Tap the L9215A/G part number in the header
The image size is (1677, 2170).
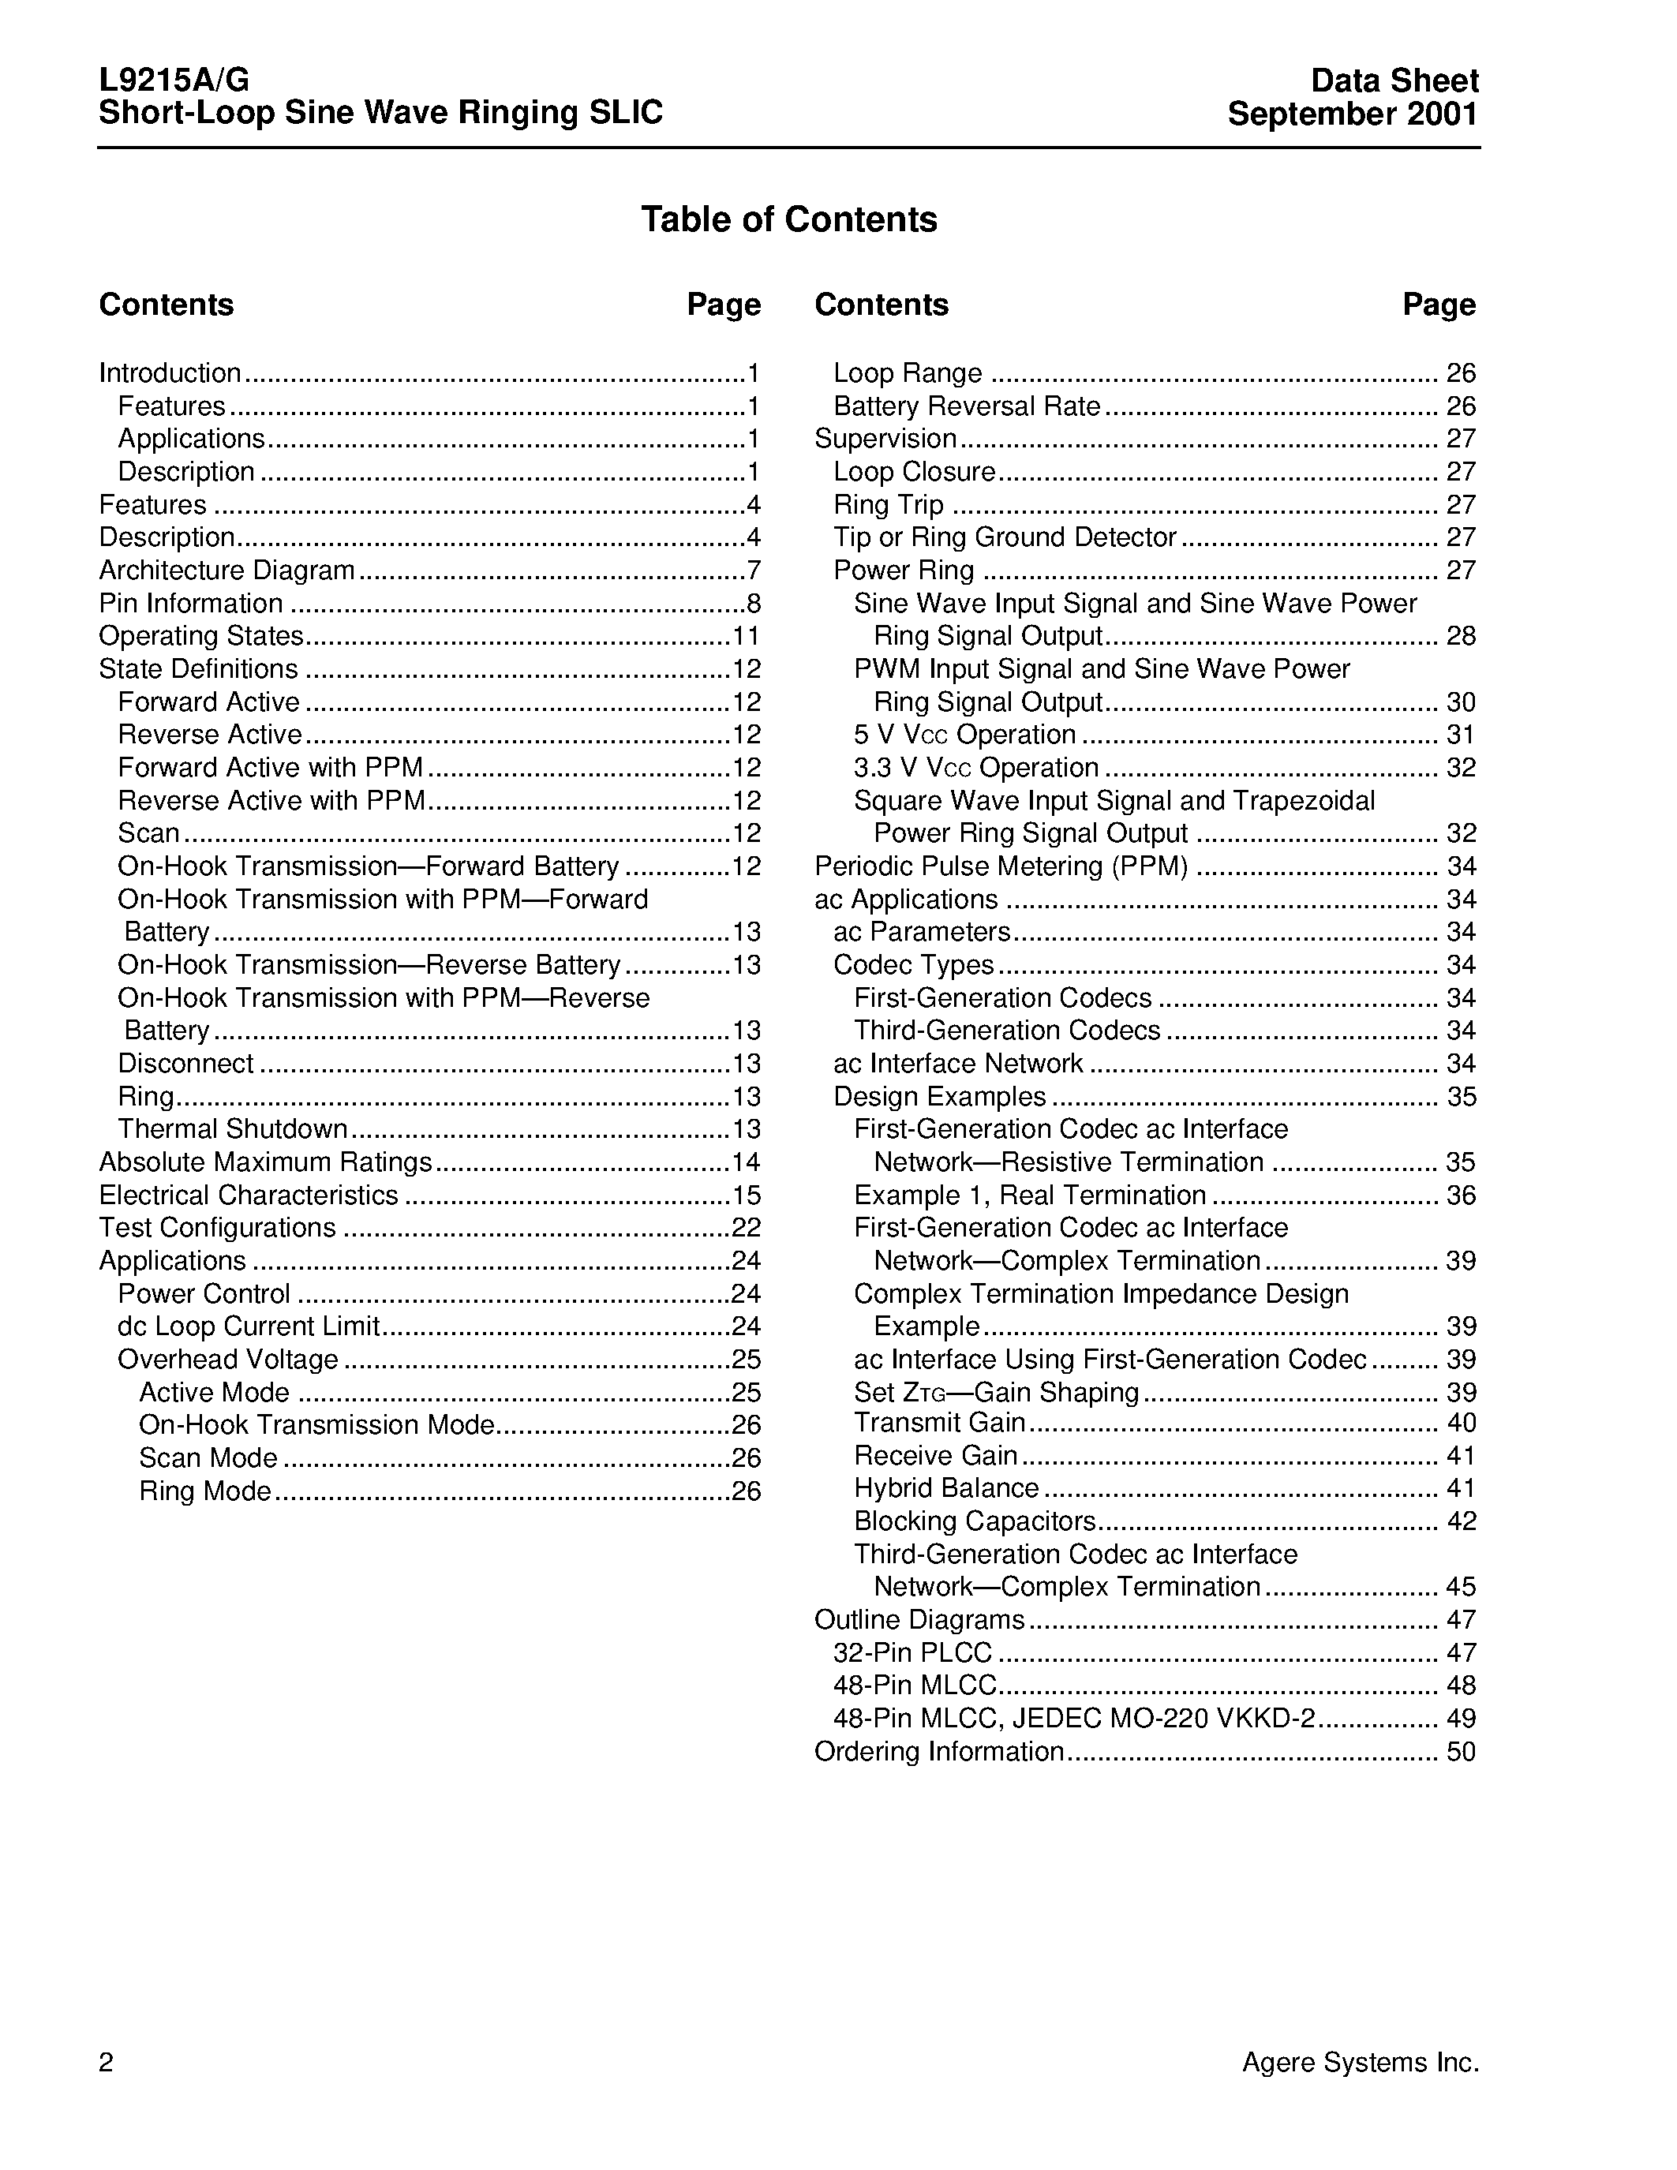(x=174, y=80)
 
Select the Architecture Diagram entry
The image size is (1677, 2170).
(x=227, y=571)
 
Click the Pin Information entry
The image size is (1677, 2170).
(x=191, y=603)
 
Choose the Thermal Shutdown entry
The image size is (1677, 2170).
(x=233, y=1128)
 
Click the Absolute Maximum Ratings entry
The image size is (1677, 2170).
(x=265, y=1162)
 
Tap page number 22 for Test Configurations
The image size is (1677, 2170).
(x=746, y=1227)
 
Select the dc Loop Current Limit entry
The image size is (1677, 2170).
(x=249, y=1326)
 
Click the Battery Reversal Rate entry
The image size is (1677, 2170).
(x=967, y=406)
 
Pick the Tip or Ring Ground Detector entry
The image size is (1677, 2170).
(x=1005, y=537)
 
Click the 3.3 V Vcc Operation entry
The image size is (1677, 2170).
(x=975, y=767)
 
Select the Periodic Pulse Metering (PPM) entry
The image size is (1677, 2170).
(x=1001, y=866)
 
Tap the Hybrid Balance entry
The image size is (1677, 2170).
(x=945, y=1487)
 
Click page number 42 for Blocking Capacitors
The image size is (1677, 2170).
(x=1461, y=1521)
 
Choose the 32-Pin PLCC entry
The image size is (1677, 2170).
(x=912, y=1652)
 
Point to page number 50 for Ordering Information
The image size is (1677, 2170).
(x=1461, y=1751)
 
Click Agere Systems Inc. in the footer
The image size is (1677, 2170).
(x=1360, y=2063)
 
